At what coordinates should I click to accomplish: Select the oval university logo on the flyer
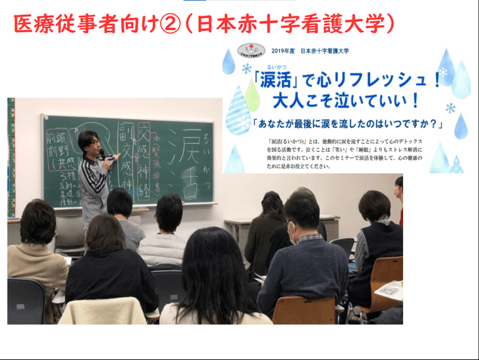click(250, 49)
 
